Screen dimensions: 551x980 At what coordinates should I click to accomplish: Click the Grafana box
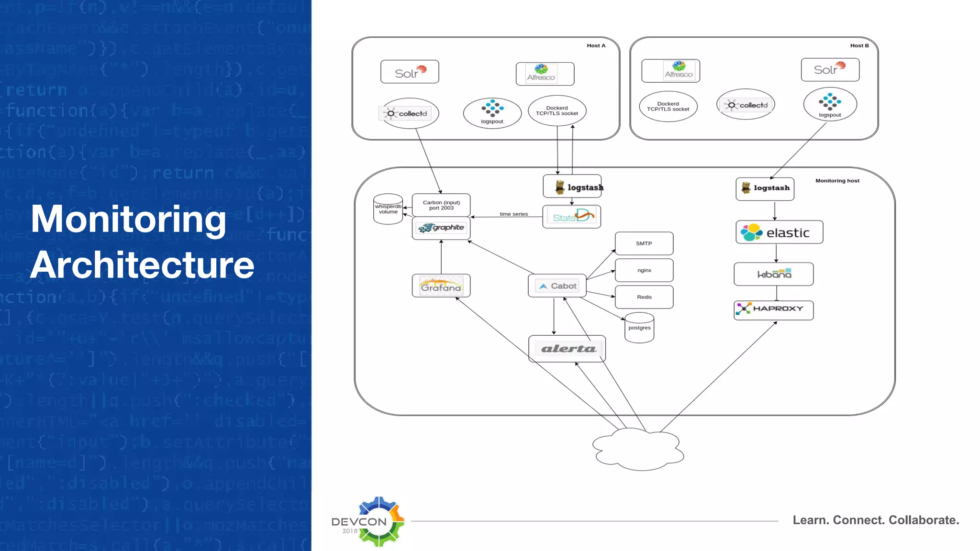tap(441, 286)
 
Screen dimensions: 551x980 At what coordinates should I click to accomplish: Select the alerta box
tap(567, 349)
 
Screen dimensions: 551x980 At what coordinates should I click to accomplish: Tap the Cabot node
tap(557, 286)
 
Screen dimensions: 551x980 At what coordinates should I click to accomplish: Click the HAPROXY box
tap(773, 310)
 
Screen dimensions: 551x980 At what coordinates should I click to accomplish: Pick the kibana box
tap(773, 274)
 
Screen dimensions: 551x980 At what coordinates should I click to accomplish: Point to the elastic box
tap(779, 232)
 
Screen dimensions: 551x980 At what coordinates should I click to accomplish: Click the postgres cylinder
tap(639, 328)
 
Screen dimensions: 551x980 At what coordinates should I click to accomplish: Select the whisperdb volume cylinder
tap(388, 209)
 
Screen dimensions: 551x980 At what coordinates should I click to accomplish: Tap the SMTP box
tap(644, 243)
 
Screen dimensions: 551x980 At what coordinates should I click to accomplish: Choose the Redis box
tap(644, 297)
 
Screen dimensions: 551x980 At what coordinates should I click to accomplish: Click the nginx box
tap(644, 270)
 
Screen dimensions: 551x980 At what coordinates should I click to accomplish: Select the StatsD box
tap(571, 217)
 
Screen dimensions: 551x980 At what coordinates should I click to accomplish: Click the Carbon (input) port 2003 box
tap(441, 205)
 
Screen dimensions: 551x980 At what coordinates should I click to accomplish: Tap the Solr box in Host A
tap(410, 72)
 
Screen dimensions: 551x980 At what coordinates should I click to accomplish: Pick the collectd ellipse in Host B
tap(746, 105)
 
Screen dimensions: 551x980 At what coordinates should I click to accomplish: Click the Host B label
tap(859, 46)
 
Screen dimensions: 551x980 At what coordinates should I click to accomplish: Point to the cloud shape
tap(638, 449)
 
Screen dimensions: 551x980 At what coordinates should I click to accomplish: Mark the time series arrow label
tap(513, 214)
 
